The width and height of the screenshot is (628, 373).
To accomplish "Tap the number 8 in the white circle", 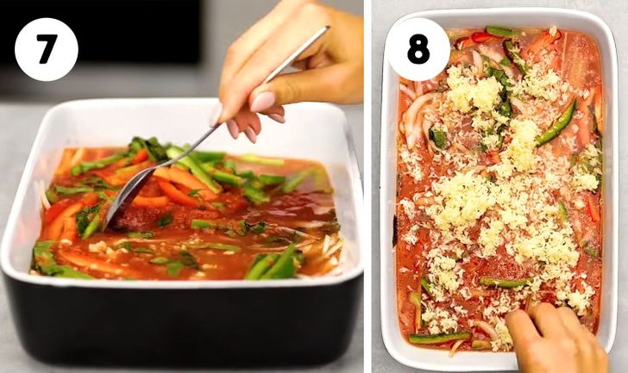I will click(418, 49).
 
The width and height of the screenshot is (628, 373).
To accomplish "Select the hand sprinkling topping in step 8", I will click(552, 340).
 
